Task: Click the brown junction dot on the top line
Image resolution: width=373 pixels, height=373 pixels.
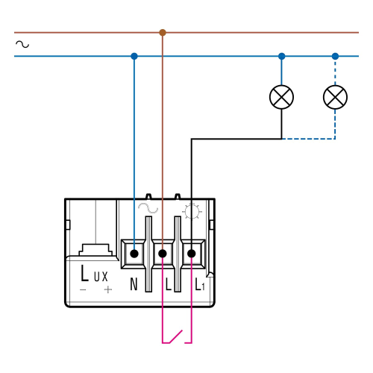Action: (x=163, y=32)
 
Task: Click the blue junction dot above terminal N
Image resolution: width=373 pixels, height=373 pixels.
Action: (x=134, y=56)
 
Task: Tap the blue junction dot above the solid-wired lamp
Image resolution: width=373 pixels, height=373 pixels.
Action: (x=281, y=56)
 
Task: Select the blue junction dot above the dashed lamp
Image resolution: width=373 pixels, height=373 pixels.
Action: (x=335, y=56)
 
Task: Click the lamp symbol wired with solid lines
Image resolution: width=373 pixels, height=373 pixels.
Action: (x=281, y=97)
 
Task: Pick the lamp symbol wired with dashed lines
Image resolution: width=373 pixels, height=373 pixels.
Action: (x=335, y=97)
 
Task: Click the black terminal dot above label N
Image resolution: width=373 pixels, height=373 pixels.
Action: (x=134, y=254)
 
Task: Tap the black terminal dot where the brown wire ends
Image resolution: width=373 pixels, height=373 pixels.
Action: (x=163, y=254)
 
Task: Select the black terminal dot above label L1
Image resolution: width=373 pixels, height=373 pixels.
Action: (x=191, y=254)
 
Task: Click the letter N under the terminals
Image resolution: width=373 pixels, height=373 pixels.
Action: (x=134, y=284)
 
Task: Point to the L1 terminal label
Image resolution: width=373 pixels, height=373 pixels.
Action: (x=200, y=284)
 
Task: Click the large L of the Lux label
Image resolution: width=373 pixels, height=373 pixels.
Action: (x=85, y=273)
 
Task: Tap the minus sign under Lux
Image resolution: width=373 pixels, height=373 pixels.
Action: (x=83, y=289)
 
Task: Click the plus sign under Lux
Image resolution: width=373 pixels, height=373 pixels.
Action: (x=108, y=289)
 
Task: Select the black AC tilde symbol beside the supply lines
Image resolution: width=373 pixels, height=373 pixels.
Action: (x=22, y=44)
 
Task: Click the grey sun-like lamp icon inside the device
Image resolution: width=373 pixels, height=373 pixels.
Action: (x=192, y=211)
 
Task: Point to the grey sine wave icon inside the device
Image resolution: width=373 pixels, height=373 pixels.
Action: (x=148, y=208)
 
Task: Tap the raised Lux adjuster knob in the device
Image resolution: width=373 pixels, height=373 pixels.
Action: (x=95, y=250)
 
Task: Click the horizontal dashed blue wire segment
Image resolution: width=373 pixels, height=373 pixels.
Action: (x=308, y=139)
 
